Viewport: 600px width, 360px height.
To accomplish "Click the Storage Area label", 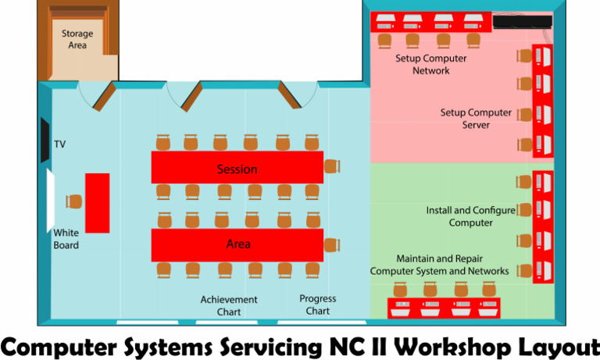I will (x=77, y=39).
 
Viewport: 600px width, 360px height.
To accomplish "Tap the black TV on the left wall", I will (x=45, y=140).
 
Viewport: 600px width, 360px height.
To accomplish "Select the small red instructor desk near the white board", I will (x=97, y=203).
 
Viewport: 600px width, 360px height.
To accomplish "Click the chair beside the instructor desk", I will (x=74, y=201).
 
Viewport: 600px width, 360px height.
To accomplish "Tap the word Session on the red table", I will (x=237, y=169).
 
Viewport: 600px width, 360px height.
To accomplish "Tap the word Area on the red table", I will (x=238, y=244).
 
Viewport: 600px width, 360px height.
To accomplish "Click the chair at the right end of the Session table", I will (x=333, y=166).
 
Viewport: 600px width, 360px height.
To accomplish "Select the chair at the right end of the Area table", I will (x=333, y=244).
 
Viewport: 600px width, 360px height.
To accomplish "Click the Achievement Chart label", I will (x=229, y=305).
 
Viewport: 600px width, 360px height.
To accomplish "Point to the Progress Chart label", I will (x=318, y=305).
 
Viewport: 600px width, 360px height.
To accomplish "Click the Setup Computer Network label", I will (x=431, y=64).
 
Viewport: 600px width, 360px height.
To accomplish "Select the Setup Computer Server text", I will (x=476, y=119).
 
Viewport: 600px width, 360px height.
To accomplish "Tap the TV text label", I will (x=60, y=144).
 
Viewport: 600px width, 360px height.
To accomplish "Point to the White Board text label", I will (x=66, y=238).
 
